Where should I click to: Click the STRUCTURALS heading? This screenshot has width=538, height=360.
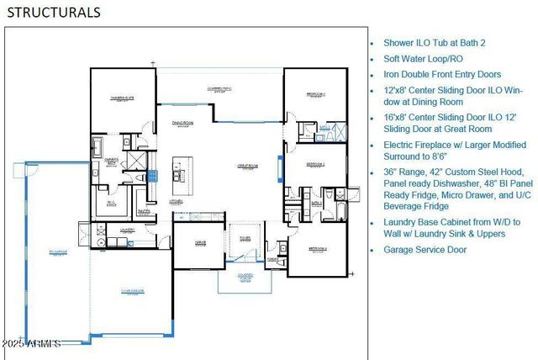[54, 12]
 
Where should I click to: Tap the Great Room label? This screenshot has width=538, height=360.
[246, 166]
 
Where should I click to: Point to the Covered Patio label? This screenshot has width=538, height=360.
[220, 87]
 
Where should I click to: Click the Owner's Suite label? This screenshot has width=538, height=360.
[123, 98]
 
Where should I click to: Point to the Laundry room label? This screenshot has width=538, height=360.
[127, 229]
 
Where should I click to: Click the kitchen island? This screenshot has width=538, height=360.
[178, 173]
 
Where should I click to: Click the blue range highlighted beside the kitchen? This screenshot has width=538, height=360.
[152, 176]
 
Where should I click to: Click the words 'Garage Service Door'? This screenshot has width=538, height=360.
[426, 250]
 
